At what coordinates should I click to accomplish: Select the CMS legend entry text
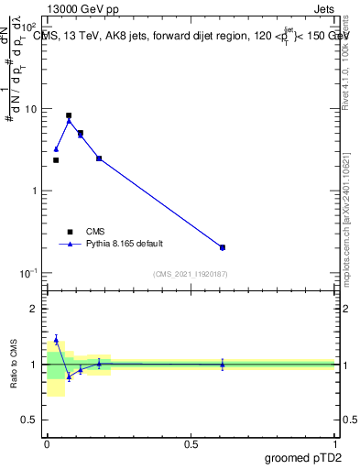(x=95, y=232)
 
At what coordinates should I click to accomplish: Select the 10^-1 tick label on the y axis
(x=29, y=274)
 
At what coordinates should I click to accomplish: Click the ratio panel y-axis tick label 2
(x=36, y=309)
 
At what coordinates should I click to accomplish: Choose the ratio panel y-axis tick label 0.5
(x=31, y=420)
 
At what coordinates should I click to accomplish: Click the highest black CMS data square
(x=69, y=116)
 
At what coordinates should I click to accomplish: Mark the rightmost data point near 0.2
(x=223, y=247)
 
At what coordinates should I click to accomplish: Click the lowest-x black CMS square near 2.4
(x=56, y=160)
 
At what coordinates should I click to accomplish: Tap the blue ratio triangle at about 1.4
(x=56, y=340)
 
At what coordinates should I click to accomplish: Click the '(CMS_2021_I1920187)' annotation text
(x=190, y=274)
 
